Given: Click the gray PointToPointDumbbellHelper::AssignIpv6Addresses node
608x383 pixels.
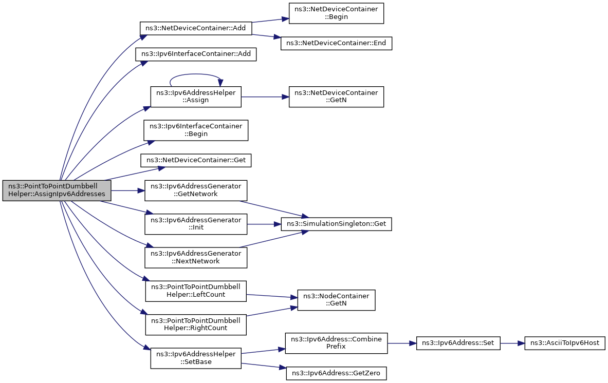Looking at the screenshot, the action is [x=57, y=190].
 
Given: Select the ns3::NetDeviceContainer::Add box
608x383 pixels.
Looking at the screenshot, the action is [x=196, y=28].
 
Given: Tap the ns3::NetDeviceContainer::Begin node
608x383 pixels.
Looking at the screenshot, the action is [x=336, y=13].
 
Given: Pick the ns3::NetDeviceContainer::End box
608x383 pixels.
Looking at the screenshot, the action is [x=336, y=43].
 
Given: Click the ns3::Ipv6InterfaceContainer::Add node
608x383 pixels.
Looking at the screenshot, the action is [x=196, y=54].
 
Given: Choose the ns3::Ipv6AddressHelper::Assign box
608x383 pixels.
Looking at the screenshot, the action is [x=196, y=97].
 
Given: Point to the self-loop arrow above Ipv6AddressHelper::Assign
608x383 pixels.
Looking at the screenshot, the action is [x=196, y=74].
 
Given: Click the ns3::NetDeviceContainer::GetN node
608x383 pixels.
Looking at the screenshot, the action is [x=336, y=97].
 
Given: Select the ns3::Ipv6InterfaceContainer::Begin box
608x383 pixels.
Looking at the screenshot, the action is [x=196, y=130].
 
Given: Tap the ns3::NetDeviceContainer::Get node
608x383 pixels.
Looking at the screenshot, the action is [x=196, y=160].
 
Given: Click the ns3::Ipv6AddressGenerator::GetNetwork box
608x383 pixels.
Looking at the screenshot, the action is [x=196, y=190].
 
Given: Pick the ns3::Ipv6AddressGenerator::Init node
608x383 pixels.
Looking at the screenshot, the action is [x=196, y=224].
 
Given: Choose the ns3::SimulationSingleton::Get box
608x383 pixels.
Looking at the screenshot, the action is [x=336, y=224].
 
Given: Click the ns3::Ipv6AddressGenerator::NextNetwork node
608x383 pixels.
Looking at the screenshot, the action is [x=196, y=258].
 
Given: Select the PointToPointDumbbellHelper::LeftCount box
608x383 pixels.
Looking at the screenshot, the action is [x=196, y=291].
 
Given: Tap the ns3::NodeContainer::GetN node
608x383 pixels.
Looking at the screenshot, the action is [x=336, y=300].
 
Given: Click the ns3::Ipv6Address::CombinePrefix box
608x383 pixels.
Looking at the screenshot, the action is [x=336, y=343].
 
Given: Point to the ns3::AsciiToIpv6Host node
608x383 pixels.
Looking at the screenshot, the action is [x=565, y=343].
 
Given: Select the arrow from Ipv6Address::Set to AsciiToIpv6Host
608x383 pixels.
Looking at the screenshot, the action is [x=512, y=343].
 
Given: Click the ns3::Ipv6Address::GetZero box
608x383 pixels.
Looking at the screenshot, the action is [x=336, y=373].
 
